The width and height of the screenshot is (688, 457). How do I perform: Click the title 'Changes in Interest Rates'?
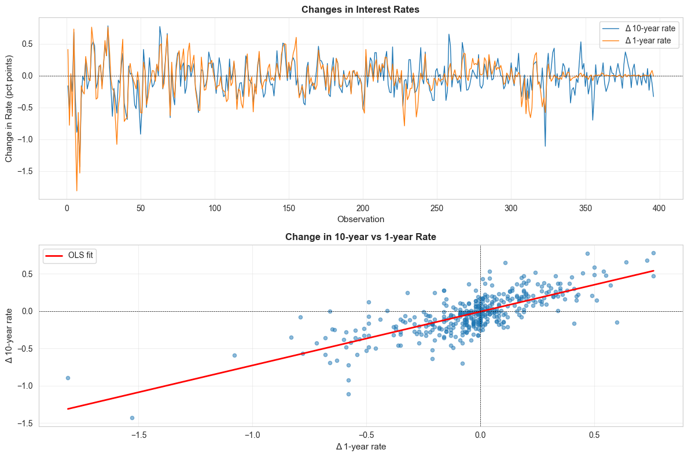[360, 9]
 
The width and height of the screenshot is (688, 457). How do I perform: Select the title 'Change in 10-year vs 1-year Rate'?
[360, 237]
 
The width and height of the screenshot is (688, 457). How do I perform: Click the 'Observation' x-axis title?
[360, 219]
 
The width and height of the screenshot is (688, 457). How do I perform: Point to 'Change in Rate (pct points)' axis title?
[9, 108]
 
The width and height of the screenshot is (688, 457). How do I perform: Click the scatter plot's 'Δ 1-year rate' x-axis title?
[360, 447]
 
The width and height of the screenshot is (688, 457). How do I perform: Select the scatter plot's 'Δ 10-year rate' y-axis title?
[9, 336]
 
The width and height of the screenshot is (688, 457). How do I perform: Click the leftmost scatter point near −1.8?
[68, 378]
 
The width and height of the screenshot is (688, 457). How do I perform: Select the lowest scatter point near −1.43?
[132, 418]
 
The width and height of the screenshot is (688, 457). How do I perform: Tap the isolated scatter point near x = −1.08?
[234, 355]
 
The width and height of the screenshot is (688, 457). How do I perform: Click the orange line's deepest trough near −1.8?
[77, 191]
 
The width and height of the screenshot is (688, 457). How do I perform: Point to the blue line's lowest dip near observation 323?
[545, 146]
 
